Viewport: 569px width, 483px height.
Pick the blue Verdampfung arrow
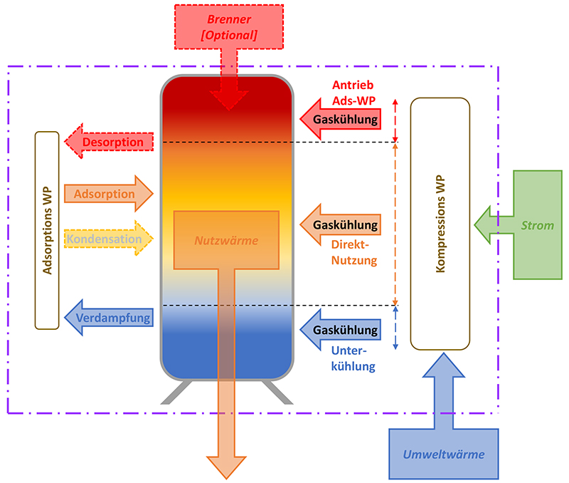[110, 318]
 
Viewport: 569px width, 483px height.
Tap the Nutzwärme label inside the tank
[226, 241]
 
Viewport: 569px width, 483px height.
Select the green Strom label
[538, 226]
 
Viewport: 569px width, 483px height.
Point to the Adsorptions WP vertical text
[47, 229]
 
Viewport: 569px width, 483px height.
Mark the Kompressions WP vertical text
[440, 224]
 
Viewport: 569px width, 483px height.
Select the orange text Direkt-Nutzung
[354, 254]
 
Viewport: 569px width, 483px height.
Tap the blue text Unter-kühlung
[353, 358]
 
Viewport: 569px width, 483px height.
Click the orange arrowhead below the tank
[227, 466]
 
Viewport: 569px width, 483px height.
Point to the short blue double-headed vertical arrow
[396, 328]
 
